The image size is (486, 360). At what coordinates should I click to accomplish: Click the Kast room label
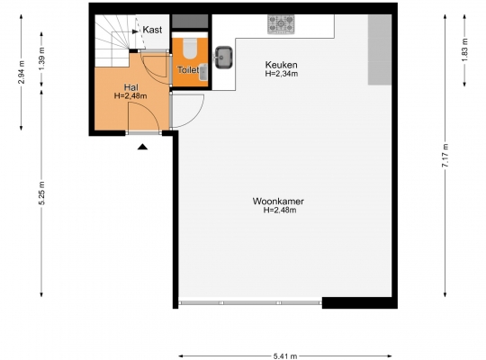[152, 30]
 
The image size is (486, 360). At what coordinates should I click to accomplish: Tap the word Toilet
[188, 70]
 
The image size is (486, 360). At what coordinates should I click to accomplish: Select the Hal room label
[130, 87]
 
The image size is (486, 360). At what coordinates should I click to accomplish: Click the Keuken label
[281, 65]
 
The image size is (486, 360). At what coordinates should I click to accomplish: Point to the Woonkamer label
[278, 202]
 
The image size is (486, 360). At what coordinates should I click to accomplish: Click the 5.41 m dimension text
[285, 356]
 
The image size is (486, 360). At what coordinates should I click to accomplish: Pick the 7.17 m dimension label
[445, 156]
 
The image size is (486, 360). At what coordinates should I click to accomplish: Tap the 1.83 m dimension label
[464, 49]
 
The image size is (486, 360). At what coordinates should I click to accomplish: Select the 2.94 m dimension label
[21, 73]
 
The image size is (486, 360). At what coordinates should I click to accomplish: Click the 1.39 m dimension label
[41, 58]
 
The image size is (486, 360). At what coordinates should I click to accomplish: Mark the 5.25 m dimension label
[41, 193]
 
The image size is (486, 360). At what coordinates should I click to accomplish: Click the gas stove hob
[281, 24]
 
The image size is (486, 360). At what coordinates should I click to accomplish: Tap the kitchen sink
[224, 58]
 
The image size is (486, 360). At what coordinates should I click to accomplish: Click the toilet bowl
[190, 48]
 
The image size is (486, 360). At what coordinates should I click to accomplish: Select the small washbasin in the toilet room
[203, 72]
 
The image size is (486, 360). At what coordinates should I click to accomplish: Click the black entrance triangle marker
[142, 147]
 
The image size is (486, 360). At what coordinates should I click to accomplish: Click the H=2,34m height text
[281, 74]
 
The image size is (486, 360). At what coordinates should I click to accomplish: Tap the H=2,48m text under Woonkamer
[280, 211]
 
